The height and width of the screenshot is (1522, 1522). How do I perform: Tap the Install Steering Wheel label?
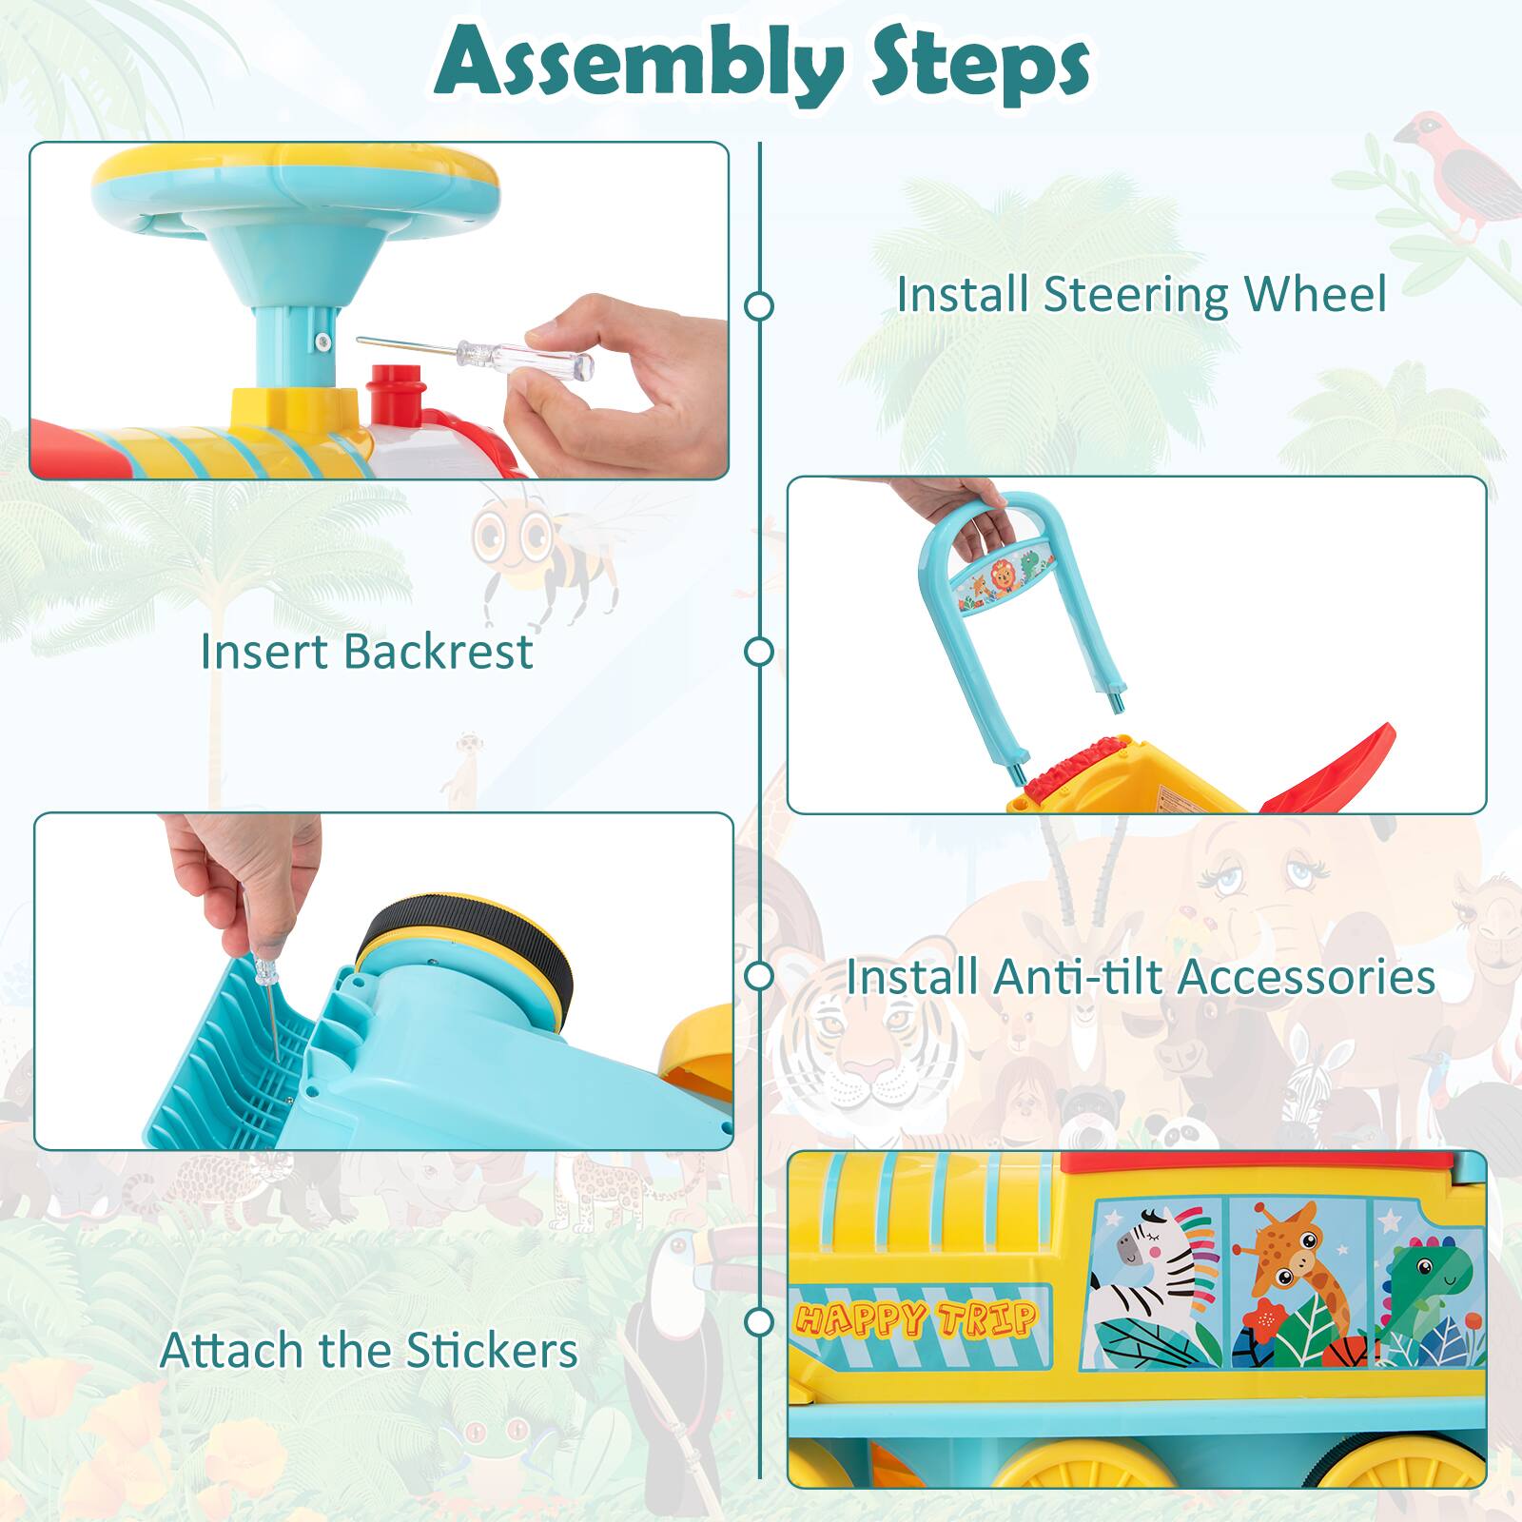(1141, 294)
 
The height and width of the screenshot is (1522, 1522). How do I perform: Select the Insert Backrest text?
(366, 652)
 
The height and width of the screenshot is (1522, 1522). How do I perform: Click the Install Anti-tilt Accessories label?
(1141, 976)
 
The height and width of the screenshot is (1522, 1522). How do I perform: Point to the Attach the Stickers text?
(369, 1350)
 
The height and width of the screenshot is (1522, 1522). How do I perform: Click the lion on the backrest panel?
(1001, 576)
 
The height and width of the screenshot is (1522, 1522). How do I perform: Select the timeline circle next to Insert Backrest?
(759, 652)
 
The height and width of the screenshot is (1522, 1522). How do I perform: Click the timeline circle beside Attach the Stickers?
(759, 1321)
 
